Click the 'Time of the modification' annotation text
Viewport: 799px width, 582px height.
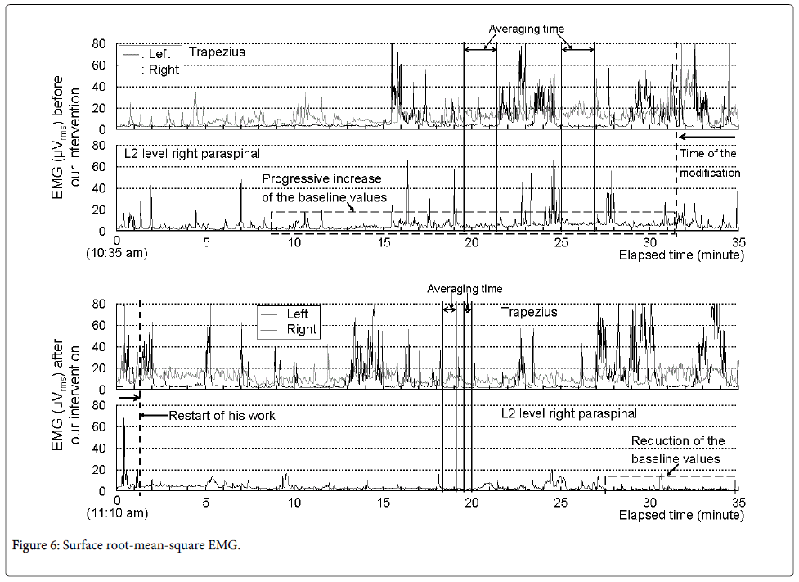pyautogui.click(x=707, y=163)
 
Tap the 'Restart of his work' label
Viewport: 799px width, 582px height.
pyautogui.click(x=222, y=416)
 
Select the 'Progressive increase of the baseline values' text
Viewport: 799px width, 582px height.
pyautogui.click(x=322, y=187)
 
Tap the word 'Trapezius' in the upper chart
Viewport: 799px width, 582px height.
pyautogui.click(x=217, y=52)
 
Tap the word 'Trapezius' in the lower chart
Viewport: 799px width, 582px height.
pyautogui.click(x=529, y=312)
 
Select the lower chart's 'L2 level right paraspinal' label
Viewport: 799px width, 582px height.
pyautogui.click(x=568, y=414)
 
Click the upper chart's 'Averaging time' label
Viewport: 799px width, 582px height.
pyautogui.click(x=527, y=29)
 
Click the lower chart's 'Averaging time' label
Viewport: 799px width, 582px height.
pyautogui.click(x=465, y=289)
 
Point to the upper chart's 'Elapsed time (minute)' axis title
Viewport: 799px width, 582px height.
pyautogui.click(x=681, y=255)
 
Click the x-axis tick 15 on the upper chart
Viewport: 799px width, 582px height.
pyautogui.click(x=384, y=243)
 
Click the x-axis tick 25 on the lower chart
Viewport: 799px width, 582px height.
pyautogui.click(x=560, y=503)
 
